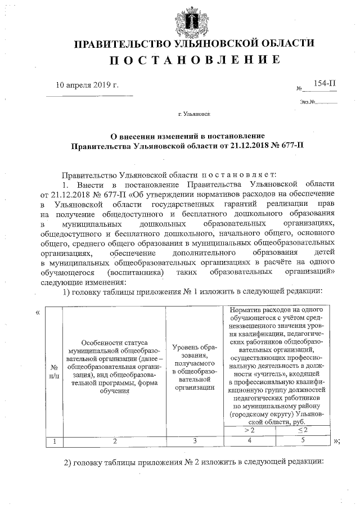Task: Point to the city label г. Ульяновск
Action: click(x=193, y=114)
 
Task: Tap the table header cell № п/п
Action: click(x=55, y=370)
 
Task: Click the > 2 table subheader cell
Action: click(x=249, y=430)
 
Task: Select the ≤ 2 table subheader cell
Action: click(x=303, y=430)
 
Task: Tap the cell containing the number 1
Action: click(x=55, y=441)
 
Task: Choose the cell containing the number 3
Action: click(x=193, y=441)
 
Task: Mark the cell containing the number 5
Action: click(x=303, y=441)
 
